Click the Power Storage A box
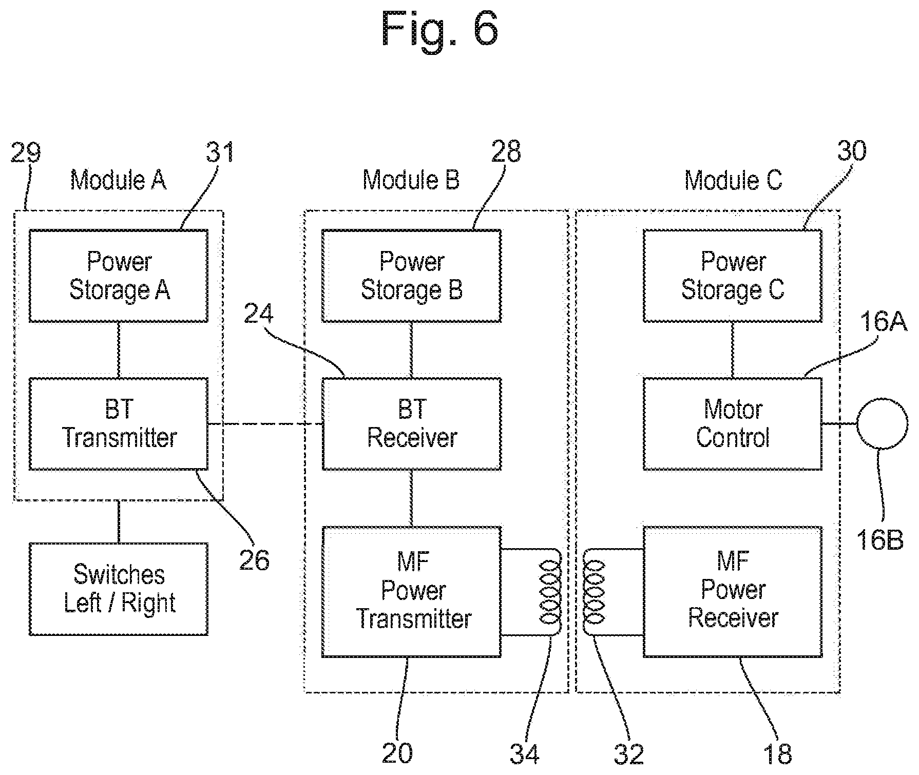[119, 276]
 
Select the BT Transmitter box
[119, 424]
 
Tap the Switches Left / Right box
[119, 589]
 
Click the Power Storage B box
[412, 276]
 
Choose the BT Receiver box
[412, 424]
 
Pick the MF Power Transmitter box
[412, 591]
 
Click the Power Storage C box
[733, 276]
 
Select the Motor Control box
[733, 424]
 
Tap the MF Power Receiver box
[733, 591]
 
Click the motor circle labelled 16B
[882, 424]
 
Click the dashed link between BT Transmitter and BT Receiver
[265, 424]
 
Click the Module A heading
[118, 180]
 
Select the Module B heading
[411, 180]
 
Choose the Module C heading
[733, 180]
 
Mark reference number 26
[254, 560]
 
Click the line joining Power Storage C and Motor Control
[733, 350]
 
